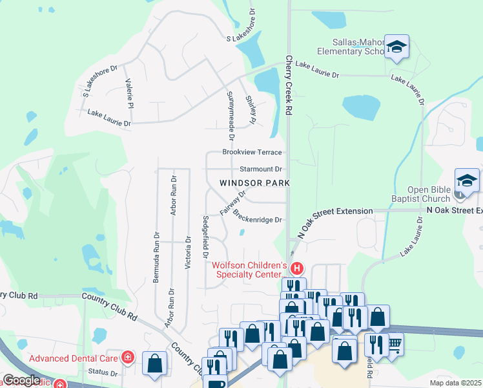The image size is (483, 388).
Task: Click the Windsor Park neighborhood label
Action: (x=254, y=183)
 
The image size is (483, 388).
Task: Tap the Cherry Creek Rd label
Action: (x=289, y=85)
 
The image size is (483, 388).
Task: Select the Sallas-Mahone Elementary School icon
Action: (x=396, y=47)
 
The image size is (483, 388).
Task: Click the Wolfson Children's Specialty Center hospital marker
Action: (x=297, y=268)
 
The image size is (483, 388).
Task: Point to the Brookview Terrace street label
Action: (x=252, y=152)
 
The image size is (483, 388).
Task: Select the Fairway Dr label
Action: (x=233, y=202)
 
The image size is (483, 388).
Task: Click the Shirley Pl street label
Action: (x=251, y=109)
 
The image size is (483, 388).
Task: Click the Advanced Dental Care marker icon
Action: (x=128, y=357)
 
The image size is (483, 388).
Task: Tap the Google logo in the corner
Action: (x=22, y=381)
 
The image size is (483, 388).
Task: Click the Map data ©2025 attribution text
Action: (x=455, y=383)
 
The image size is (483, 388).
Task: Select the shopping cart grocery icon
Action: (x=394, y=344)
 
